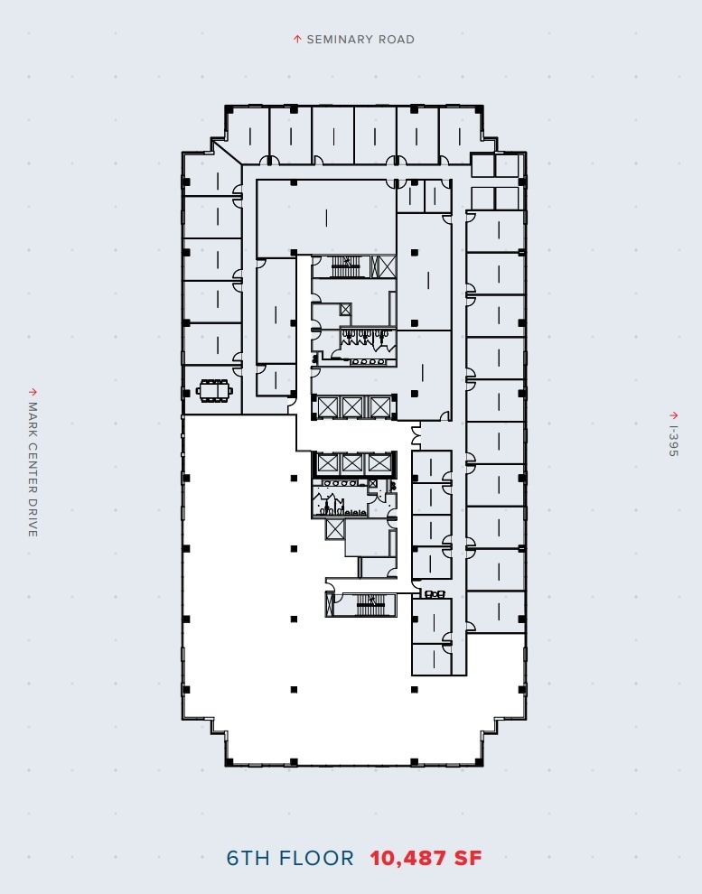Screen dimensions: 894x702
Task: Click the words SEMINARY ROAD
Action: click(x=360, y=40)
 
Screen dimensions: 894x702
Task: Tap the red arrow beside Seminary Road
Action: click(x=296, y=39)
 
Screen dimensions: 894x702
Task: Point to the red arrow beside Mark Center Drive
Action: click(x=33, y=392)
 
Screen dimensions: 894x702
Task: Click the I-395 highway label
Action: click(x=672, y=442)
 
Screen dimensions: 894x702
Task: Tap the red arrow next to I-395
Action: click(x=672, y=415)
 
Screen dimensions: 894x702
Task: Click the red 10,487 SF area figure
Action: click(x=426, y=858)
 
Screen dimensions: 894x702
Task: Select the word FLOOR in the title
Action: click(x=316, y=858)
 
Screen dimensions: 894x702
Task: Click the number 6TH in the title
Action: click(x=248, y=858)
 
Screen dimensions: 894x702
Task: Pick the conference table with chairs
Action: click(x=215, y=391)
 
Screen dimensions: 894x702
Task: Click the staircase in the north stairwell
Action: click(x=346, y=265)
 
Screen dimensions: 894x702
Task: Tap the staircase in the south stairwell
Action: click(x=370, y=604)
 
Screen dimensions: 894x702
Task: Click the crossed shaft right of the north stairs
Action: click(x=387, y=265)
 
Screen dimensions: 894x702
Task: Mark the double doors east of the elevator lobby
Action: click(x=416, y=436)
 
